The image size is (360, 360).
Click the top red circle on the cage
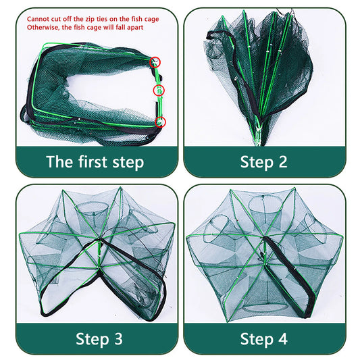(157, 61)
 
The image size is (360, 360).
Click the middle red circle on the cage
(159, 91)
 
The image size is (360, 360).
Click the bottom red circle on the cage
(160, 122)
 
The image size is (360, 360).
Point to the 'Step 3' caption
(95, 338)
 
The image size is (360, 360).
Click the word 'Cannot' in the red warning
(39, 19)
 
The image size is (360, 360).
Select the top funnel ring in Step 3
(97, 205)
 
